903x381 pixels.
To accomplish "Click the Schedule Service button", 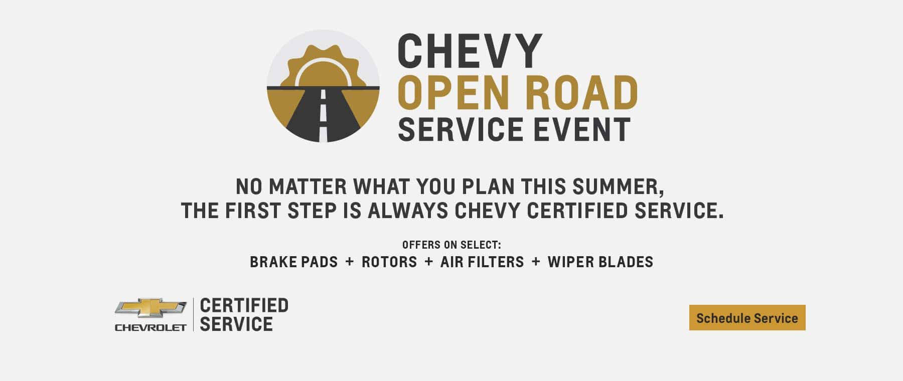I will click(747, 318).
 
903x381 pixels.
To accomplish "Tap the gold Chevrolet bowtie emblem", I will click(150, 307).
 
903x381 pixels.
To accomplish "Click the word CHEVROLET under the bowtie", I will click(150, 328).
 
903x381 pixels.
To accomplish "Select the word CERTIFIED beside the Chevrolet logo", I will click(244, 305).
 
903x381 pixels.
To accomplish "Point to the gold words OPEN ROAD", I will click(518, 93).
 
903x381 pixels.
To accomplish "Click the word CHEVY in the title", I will click(470, 51).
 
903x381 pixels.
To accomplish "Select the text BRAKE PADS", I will click(293, 262).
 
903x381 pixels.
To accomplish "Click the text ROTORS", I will click(389, 262).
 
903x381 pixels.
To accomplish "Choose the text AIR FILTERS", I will click(482, 262).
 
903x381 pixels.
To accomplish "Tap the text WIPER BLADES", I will click(600, 262).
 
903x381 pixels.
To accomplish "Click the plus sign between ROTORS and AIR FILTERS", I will click(428, 262).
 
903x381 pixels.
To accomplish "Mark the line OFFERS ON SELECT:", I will click(452, 245).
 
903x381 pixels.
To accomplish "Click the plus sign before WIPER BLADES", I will click(536, 262).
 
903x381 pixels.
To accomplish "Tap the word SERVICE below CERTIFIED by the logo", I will click(236, 324).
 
